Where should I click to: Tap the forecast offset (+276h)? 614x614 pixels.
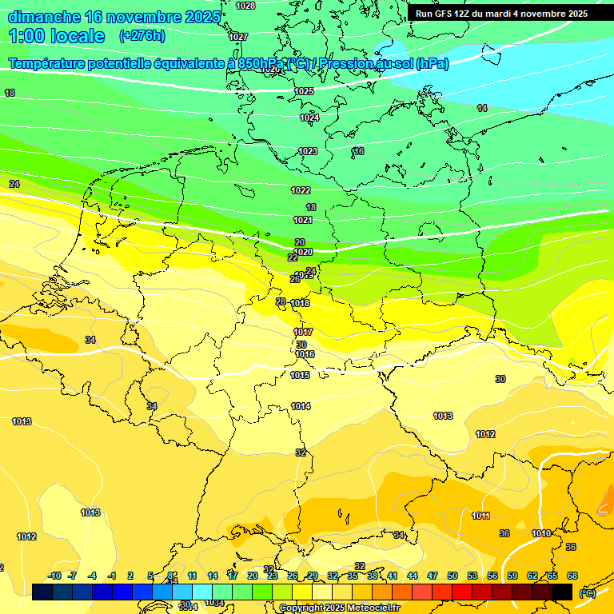coord(142,35)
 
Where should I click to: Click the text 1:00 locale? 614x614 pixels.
coord(57,36)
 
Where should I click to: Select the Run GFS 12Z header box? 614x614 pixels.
coord(501,14)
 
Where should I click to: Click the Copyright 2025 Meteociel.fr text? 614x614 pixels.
coord(338,608)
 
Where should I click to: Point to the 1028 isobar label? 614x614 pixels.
coord(245,6)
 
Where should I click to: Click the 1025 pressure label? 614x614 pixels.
coord(304,91)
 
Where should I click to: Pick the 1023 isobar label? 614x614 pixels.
coord(308,151)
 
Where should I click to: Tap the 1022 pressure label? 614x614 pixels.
coord(301,190)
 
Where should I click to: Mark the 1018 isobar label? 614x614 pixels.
coord(301,303)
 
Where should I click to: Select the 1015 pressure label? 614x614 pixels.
coord(300,375)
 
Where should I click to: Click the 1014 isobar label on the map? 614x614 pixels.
coord(301,406)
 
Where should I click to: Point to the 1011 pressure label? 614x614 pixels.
coord(480,516)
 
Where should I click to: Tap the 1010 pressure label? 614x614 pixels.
coord(541,533)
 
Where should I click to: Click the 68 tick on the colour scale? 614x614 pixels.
coord(572,576)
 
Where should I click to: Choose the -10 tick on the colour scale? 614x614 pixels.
coord(54,576)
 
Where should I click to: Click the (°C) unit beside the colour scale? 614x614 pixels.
coord(588,592)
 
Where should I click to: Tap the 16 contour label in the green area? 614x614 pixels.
coord(359,151)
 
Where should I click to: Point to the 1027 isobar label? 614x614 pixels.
coord(237,37)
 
